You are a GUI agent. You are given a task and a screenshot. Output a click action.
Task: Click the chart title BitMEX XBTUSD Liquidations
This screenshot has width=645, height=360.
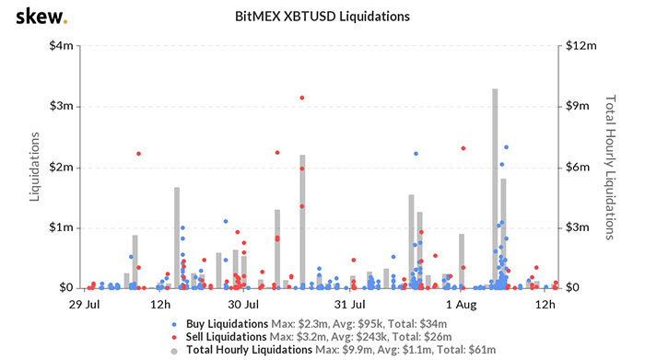coord(322,17)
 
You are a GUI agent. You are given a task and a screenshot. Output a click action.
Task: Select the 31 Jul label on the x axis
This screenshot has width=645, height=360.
coord(352,304)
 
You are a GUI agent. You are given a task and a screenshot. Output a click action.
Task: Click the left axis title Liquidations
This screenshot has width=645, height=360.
coord(34,167)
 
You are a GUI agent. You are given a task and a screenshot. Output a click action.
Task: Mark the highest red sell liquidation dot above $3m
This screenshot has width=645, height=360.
coord(301,98)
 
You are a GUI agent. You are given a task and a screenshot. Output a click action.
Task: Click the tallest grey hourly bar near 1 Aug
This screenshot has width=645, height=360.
coord(495,189)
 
